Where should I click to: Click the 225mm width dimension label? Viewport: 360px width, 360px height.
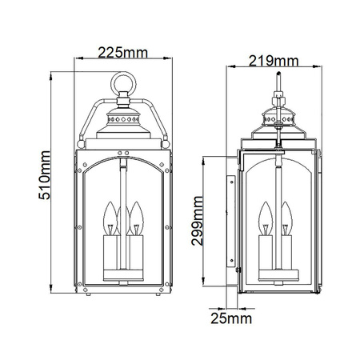pos(125,54)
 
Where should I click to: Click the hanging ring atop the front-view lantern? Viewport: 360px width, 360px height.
pos(125,82)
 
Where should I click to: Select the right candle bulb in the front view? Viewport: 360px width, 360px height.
pos(136,215)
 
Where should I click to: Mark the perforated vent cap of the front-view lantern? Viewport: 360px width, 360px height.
pos(125,118)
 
